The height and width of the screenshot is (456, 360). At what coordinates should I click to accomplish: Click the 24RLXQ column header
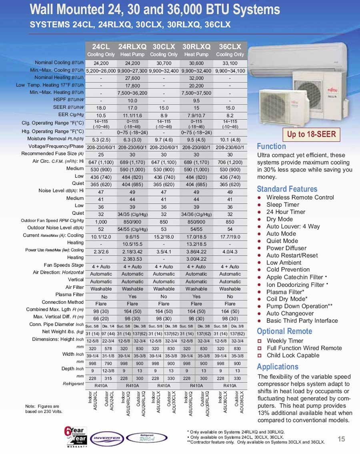click(x=132, y=46)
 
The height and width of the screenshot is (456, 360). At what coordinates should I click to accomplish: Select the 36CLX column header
click(x=230, y=46)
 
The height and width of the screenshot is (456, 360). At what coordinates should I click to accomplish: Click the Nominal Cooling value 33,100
click(x=230, y=63)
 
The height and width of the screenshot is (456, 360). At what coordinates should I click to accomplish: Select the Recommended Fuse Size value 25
click(x=101, y=154)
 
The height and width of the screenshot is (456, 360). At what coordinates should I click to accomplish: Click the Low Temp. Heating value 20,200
click(x=196, y=85)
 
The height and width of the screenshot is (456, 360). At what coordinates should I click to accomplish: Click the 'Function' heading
click(x=271, y=146)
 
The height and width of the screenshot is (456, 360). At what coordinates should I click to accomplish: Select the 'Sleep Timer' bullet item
click(x=282, y=205)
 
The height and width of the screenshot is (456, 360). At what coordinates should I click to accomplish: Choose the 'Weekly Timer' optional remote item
click(x=285, y=341)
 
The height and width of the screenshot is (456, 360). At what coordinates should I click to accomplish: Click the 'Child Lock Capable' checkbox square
click(x=260, y=355)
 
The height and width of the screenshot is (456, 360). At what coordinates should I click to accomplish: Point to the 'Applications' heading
click(x=277, y=367)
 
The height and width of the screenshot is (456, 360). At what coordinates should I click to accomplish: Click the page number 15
click(x=341, y=439)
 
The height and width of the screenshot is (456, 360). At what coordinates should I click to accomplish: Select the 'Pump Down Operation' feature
click(x=297, y=306)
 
